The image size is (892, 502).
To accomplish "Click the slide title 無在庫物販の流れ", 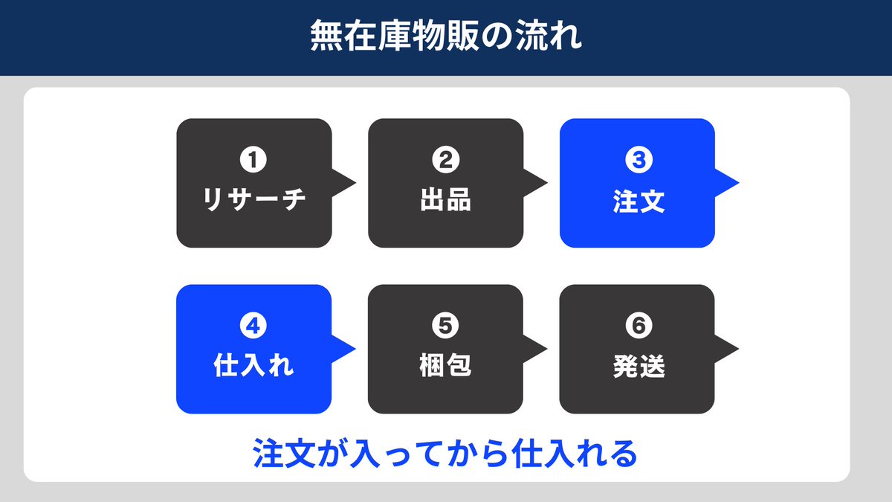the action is tap(446, 38).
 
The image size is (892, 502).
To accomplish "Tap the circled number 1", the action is tap(254, 160).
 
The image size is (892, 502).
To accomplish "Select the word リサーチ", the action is tap(254, 202).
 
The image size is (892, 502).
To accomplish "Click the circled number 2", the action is tap(446, 160).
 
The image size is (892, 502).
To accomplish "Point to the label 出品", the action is tap(446, 202).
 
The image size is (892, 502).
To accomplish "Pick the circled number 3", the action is tap(638, 160).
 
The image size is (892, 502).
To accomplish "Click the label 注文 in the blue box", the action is tap(638, 202).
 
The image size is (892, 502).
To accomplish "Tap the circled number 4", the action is tap(254, 326).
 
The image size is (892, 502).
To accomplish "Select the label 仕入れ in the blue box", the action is tap(254, 367).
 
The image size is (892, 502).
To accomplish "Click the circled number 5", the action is tap(446, 326).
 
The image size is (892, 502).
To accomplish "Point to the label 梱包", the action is tap(446, 367).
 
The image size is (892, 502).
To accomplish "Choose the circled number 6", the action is tap(638, 326).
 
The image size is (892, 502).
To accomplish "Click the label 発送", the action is tap(638, 367).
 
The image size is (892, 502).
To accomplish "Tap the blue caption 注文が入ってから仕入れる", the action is tap(446, 453).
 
